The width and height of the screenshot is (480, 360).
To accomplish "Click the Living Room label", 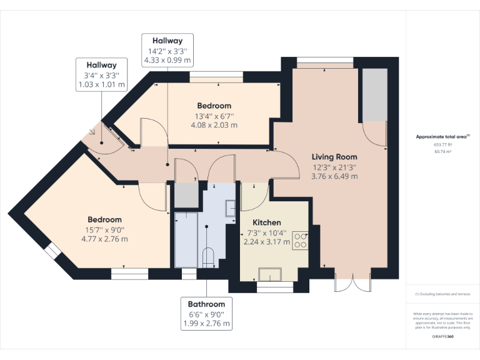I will (x=335, y=157).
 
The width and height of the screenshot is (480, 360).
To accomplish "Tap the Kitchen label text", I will (x=266, y=222).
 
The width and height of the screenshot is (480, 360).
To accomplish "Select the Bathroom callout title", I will (x=206, y=304).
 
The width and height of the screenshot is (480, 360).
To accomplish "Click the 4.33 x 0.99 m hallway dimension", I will (x=167, y=61).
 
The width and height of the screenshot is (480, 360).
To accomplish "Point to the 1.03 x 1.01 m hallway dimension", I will (x=101, y=84).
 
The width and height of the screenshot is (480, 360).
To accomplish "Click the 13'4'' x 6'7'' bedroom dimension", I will (x=214, y=116).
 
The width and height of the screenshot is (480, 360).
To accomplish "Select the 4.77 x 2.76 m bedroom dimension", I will (x=104, y=239).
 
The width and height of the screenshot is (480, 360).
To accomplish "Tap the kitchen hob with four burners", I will (x=300, y=241).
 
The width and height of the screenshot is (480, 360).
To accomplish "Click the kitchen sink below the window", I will (x=270, y=274).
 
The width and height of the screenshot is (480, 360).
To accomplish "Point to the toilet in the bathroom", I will (x=208, y=257).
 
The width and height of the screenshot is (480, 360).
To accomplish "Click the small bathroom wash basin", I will (x=229, y=207).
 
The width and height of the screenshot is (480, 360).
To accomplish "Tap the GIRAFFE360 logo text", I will (x=443, y=336).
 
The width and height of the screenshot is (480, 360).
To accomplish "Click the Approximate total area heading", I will (x=442, y=136).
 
